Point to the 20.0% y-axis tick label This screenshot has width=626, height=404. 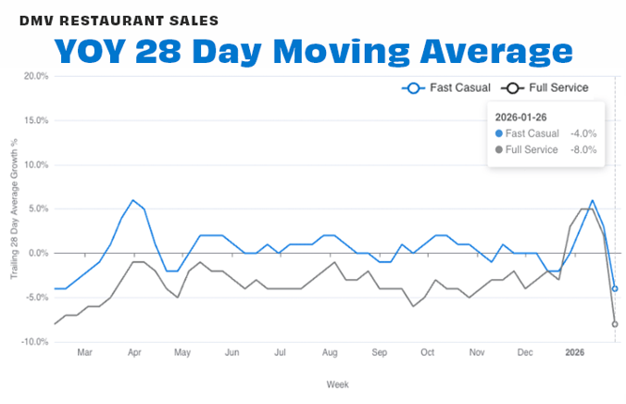(35, 76)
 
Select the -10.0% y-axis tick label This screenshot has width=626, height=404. (34, 342)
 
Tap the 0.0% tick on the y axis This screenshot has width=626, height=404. (38, 253)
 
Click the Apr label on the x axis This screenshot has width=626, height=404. (134, 353)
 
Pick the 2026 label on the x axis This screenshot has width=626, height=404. (575, 353)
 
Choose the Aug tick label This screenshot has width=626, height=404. (330, 353)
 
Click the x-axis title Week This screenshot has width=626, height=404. (337, 384)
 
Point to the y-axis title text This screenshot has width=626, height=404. (14, 208)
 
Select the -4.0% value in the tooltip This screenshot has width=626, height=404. (583, 133)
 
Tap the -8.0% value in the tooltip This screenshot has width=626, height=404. (583, 149)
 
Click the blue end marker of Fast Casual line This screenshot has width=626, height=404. (614, 288)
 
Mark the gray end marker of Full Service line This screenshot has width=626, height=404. (614, 324)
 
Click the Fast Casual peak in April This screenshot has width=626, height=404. (133, 200)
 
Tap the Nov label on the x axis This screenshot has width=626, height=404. (476, 353)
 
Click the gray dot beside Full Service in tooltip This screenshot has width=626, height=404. (498, 149)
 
